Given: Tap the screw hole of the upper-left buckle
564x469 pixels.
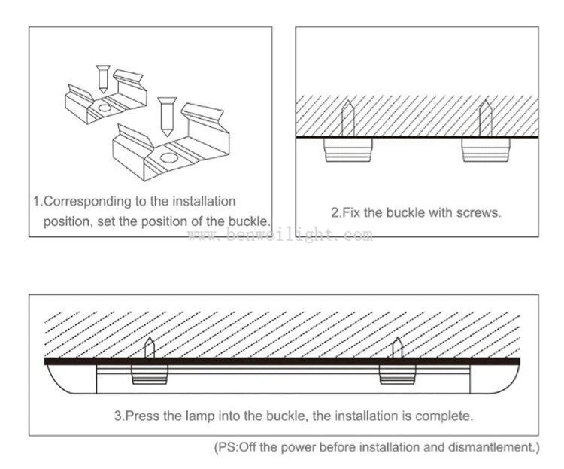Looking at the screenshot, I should pos(103,108).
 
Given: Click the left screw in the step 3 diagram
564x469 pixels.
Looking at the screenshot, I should pos(150,349).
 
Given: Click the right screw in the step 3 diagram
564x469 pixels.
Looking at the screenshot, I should pos(397,349).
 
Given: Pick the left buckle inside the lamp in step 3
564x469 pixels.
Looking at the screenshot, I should pos(150,373).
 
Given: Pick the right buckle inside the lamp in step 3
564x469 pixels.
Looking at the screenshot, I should pos(397,373).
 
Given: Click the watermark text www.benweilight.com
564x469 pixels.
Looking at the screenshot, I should pos(280,236).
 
